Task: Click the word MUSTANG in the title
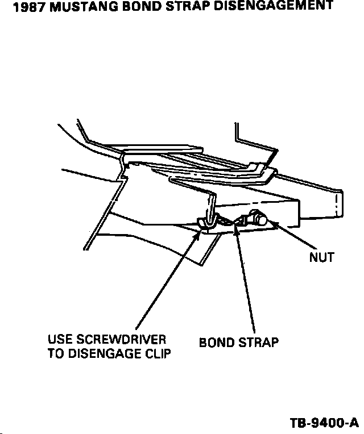point(74,7)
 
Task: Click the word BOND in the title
point(135,7)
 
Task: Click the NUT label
point(321,257)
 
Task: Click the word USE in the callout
point(60,340)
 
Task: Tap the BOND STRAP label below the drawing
point(238,343)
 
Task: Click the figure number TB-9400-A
point(324,423)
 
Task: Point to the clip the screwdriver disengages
point(206,222)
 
